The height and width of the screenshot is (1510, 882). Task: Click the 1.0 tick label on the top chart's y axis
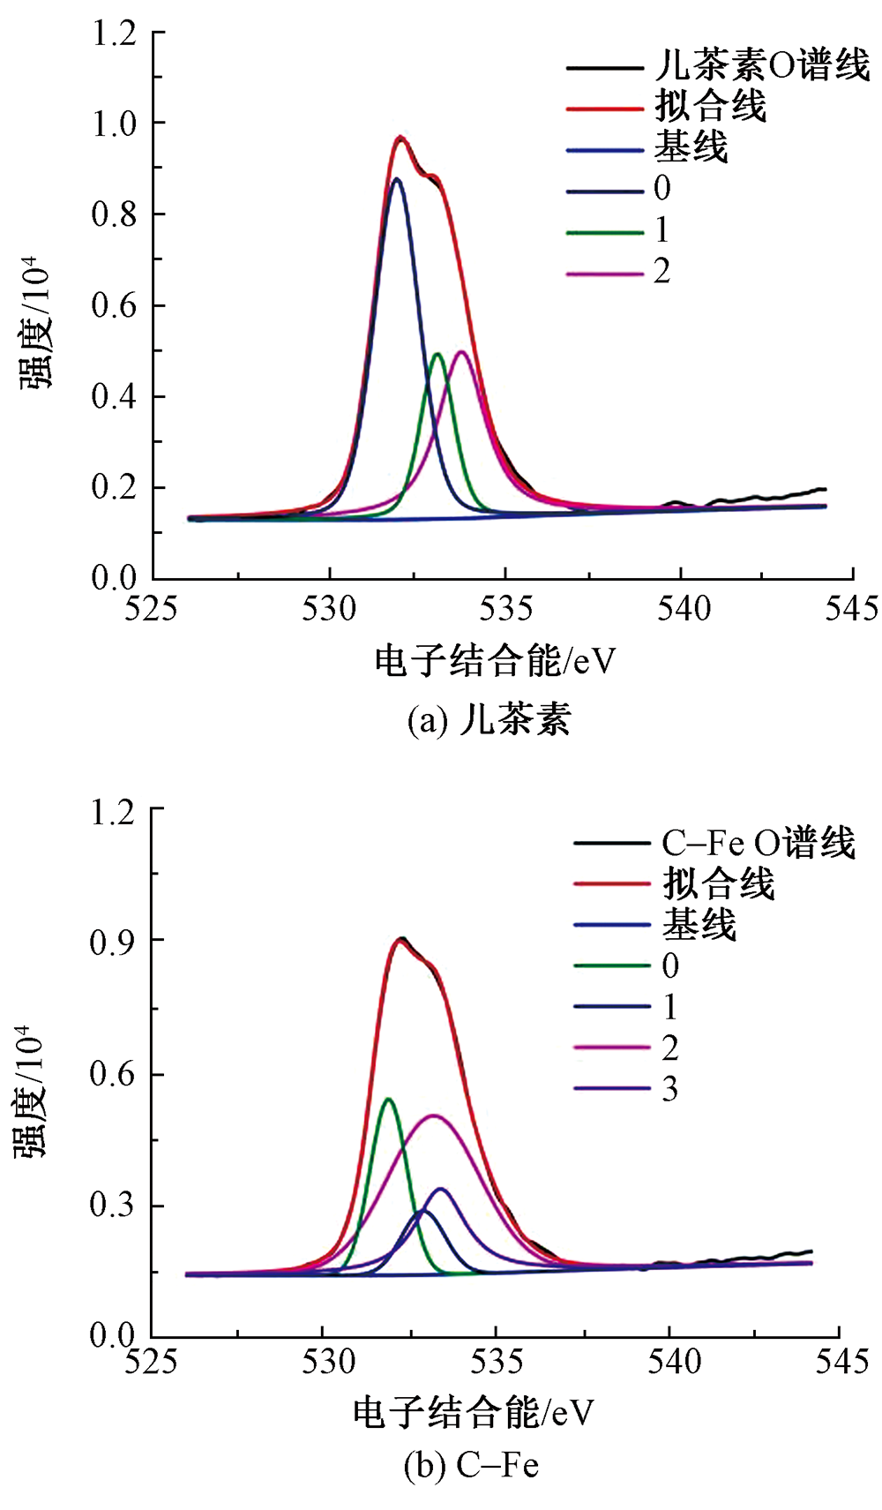(x=115, y=123)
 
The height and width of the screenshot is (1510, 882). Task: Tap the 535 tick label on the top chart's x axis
(x=505, y=609)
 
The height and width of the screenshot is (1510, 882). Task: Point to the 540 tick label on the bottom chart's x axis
(x=670, y=1361)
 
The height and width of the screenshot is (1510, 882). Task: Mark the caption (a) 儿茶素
(x=489, y=719)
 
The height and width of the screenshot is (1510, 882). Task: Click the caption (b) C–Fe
(x=471, y=1466)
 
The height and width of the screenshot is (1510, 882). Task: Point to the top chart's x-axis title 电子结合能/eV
(x=495, y=660)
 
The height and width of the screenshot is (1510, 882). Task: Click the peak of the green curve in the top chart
(x=437, y=354)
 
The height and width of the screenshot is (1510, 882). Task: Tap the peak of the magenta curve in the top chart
(x=461, y=352)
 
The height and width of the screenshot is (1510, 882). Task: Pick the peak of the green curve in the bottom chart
(x=387, y=1099)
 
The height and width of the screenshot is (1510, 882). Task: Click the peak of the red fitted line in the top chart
(x=400, y=137)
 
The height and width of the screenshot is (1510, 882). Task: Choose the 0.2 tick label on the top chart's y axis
(x=115, y=487)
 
